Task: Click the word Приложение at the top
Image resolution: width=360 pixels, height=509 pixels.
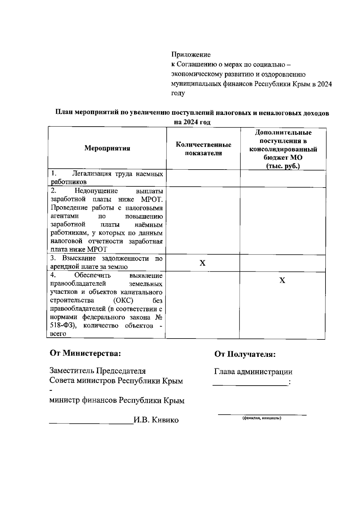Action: coord(191,55)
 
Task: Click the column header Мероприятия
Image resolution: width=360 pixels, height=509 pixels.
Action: coord(107,148)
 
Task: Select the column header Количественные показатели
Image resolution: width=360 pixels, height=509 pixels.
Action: coord(203,149)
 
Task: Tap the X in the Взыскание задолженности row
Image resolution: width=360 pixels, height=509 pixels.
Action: coord(203,263)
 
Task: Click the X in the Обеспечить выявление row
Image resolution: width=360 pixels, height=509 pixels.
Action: coord(282,281)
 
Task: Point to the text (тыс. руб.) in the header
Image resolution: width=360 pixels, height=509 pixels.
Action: coord(283,166)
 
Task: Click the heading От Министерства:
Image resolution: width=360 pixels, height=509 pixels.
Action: coord(85,353)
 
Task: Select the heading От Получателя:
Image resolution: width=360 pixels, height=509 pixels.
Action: coord(245,354)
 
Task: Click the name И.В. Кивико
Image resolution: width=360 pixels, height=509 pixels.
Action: coord(156,420)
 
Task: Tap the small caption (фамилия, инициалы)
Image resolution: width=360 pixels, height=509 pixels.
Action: coord(262,418)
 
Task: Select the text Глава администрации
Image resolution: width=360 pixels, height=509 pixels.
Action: coord(253,372)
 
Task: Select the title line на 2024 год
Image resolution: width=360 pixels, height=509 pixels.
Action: coord(192,122)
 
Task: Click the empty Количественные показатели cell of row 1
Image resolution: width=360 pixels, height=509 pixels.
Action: coord(203,178)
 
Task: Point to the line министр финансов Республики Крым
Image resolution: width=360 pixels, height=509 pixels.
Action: coord(117,400)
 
